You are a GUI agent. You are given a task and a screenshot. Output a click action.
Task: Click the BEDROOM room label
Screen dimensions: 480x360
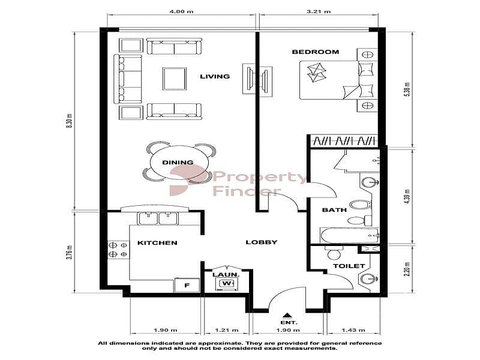316,52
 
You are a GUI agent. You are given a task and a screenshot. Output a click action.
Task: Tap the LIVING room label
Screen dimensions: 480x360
215,76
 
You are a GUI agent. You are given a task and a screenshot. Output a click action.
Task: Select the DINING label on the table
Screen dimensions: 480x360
178,162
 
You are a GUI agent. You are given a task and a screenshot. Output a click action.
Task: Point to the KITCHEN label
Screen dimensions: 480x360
157,243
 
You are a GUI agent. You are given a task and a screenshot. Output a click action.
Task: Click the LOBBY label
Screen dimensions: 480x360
262,242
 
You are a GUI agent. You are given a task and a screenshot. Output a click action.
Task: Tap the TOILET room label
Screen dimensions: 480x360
349,266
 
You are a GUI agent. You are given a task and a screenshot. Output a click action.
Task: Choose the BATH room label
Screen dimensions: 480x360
334,210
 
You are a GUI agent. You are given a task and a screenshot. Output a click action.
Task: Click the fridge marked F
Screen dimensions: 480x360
187,285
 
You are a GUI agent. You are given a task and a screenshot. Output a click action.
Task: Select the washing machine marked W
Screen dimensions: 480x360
227,284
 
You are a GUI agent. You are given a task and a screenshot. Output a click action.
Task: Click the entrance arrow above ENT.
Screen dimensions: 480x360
287,316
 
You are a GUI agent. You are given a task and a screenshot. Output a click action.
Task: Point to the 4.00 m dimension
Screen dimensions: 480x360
182,11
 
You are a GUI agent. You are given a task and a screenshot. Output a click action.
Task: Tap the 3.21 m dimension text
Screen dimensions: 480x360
319,11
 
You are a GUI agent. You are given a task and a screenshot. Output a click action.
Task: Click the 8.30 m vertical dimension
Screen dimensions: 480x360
70,121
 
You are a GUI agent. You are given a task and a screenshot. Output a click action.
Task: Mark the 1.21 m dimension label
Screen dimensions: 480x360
227,330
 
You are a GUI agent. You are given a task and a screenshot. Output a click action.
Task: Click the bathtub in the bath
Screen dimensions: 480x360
349,235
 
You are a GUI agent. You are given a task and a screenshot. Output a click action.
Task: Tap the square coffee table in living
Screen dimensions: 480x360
175,79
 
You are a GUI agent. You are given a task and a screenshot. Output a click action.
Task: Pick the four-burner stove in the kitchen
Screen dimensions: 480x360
118,250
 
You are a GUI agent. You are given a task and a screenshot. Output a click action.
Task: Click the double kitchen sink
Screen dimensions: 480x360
158,218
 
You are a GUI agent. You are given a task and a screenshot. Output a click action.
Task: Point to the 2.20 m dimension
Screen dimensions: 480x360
407,269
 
